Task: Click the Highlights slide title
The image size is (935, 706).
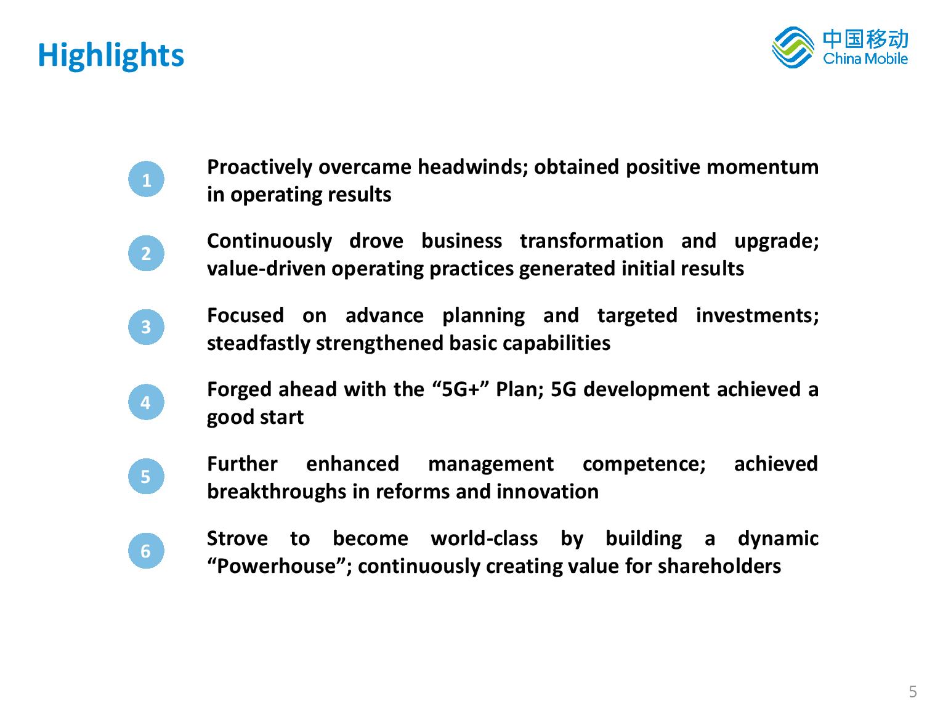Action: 111,55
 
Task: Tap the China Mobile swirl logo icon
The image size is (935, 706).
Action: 792,47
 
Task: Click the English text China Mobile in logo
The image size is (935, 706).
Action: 865,59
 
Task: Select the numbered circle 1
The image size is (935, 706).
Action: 146,179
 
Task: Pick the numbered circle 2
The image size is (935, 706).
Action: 146,253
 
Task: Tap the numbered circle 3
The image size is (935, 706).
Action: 146,327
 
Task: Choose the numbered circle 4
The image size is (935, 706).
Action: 146,402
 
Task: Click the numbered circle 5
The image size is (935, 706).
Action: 146,476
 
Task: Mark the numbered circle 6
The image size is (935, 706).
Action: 146,551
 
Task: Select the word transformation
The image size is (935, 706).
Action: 591,241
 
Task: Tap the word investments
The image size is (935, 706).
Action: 757,315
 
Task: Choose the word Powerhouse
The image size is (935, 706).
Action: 276,566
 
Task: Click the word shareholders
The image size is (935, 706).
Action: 719,566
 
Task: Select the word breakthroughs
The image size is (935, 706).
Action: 277,492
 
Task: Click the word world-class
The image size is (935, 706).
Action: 484,538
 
